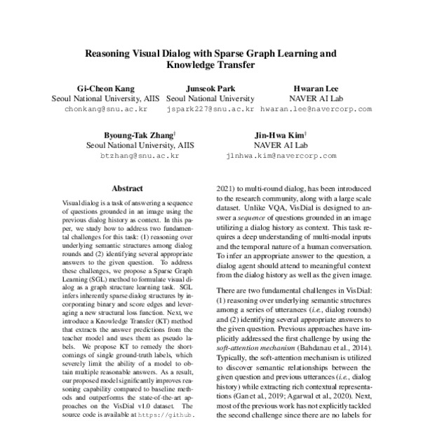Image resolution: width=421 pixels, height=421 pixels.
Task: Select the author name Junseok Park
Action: pyautogui.click(x=210, y=90)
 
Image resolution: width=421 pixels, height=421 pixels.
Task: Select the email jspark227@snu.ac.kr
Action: pyautogui.click(x=210, y=110)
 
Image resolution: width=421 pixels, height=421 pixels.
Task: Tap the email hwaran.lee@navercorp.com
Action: pyautogui.click(x=316, y=110)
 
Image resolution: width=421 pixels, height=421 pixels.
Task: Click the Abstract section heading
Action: pyautogui.click(x=128, y=189)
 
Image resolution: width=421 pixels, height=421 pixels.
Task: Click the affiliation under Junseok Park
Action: pyautogui.click(x=210, y=100)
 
